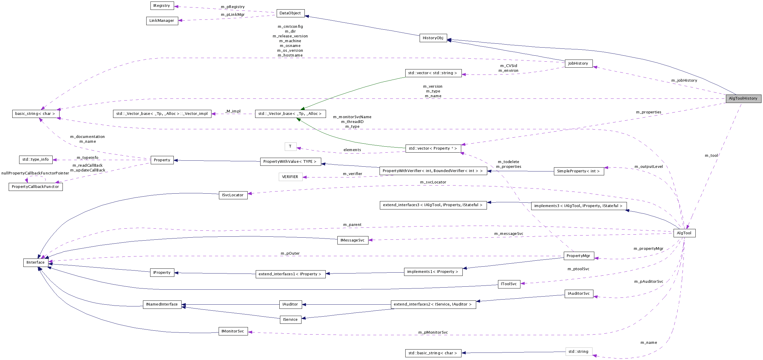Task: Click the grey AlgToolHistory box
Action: point(743,98)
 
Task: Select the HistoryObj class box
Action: point(433,38)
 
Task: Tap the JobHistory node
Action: point(578,63)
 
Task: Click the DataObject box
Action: point(290,13)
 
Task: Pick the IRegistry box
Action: point(162,6)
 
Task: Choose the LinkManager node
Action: point(162,21)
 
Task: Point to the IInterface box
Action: point(36,262)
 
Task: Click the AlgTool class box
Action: point(684,233)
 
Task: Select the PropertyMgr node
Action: point(578,256)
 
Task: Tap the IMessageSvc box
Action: point(352,240)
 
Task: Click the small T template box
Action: point(290,146)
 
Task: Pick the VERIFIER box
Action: point(290,177)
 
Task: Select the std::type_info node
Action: point(36,160)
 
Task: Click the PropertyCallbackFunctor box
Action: point(36,187)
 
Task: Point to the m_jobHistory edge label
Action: point(684,80)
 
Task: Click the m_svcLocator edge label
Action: point(433,182)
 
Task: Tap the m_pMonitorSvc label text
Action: point(433,332)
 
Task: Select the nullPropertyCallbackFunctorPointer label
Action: point(35,173)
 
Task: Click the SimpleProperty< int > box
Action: point(578,171)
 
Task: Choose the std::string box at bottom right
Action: point(578,352)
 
